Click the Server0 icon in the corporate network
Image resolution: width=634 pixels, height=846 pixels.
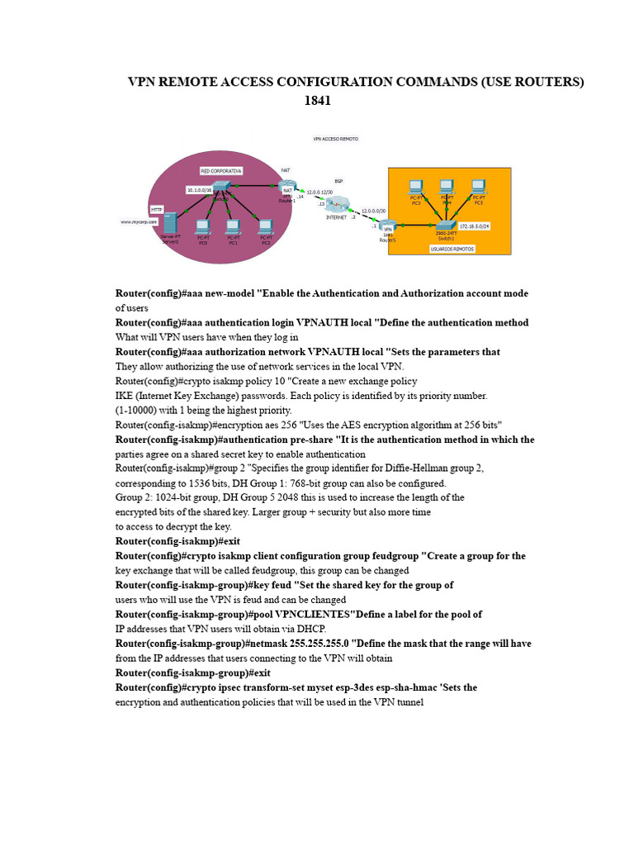coord(170,223)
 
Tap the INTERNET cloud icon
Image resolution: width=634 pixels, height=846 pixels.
coord(338,205)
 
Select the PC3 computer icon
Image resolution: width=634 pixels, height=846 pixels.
coord(416,188)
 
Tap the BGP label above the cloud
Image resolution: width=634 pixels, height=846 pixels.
coord(338,180)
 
